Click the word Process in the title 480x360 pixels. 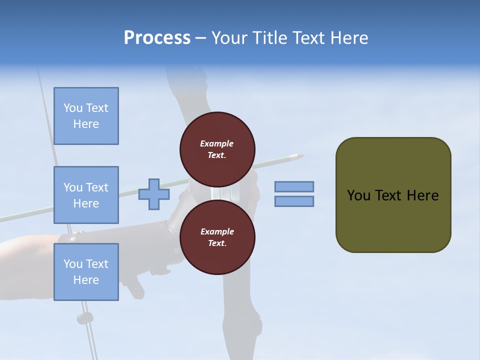tap(157, 38)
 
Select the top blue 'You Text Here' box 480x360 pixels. tap(86, 116)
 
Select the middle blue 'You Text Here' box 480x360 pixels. tap(86, 195)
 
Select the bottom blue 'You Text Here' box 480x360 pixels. tap(86, 272)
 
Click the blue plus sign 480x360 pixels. tap(153, 194)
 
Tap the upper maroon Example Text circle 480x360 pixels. tap(217, 149)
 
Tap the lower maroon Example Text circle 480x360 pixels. tap(217, 237)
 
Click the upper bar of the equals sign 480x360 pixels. tap(294, 186)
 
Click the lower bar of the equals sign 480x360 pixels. tap(294, 201)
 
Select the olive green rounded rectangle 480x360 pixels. tap(393, 194)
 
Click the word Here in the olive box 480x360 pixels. tap(422, 195)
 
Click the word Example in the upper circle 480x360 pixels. tap(217, 143)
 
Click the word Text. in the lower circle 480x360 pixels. tap(217, 243)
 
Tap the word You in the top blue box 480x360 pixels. tap(73, 108)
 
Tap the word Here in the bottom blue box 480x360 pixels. tap(86, 280)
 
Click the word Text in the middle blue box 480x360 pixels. tap(97, 187)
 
